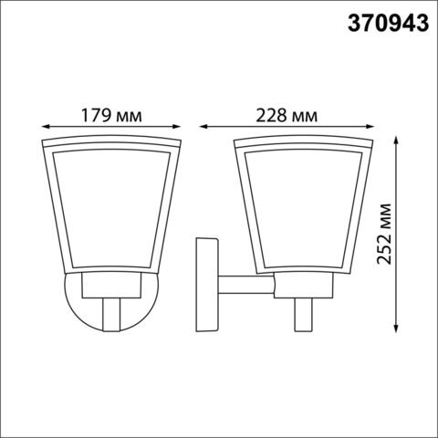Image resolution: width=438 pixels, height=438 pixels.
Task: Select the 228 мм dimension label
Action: tap(287, 116)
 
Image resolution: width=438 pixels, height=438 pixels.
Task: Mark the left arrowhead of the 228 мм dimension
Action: tap(203, 129)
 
